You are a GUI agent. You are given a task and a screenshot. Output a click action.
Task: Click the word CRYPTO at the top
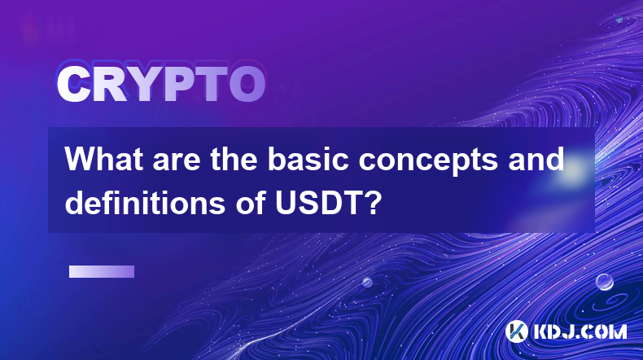tap(161, 85)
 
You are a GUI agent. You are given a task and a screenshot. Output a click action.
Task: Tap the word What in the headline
tap(104, 159)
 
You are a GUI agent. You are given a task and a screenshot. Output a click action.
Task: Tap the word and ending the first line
tap(536, 159)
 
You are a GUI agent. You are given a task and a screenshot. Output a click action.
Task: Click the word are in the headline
tap(177, 162)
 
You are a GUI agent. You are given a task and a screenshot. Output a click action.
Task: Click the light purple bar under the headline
tap(102, 272)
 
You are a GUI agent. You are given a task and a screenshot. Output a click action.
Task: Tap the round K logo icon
tap(516, 331)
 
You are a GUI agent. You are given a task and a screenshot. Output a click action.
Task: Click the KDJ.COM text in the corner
tap(580, 331)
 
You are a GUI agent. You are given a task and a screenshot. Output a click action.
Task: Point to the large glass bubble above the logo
tap(604, 282)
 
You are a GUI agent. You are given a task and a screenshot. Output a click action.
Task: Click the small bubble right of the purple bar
tap(367, 282)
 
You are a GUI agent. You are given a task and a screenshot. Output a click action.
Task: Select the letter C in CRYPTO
tap(73, 85)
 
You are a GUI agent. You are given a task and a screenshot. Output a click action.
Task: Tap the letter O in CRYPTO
tap(247, 85)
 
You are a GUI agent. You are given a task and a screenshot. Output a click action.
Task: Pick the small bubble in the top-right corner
tap(619, 20)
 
